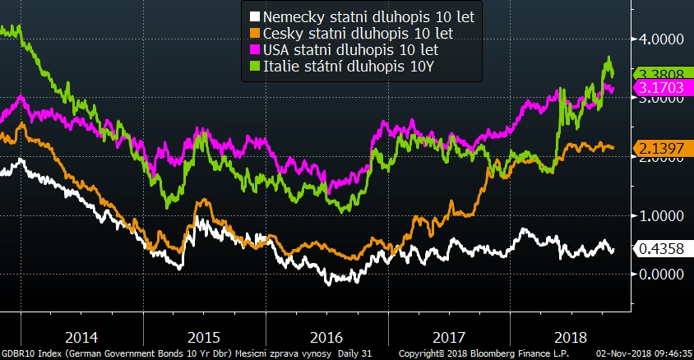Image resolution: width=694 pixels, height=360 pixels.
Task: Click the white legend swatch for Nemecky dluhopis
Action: click(255, 16)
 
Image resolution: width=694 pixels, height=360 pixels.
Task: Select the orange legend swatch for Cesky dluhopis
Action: click(255, 33)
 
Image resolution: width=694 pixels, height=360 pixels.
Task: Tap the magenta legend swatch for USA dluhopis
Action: click(255, 50)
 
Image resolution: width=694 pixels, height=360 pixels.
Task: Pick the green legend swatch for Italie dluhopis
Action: click(255, 67)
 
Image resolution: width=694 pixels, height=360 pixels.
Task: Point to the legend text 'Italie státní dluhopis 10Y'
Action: click(348, 67)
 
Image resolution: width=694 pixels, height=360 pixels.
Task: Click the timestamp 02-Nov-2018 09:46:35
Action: click(644, 353)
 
